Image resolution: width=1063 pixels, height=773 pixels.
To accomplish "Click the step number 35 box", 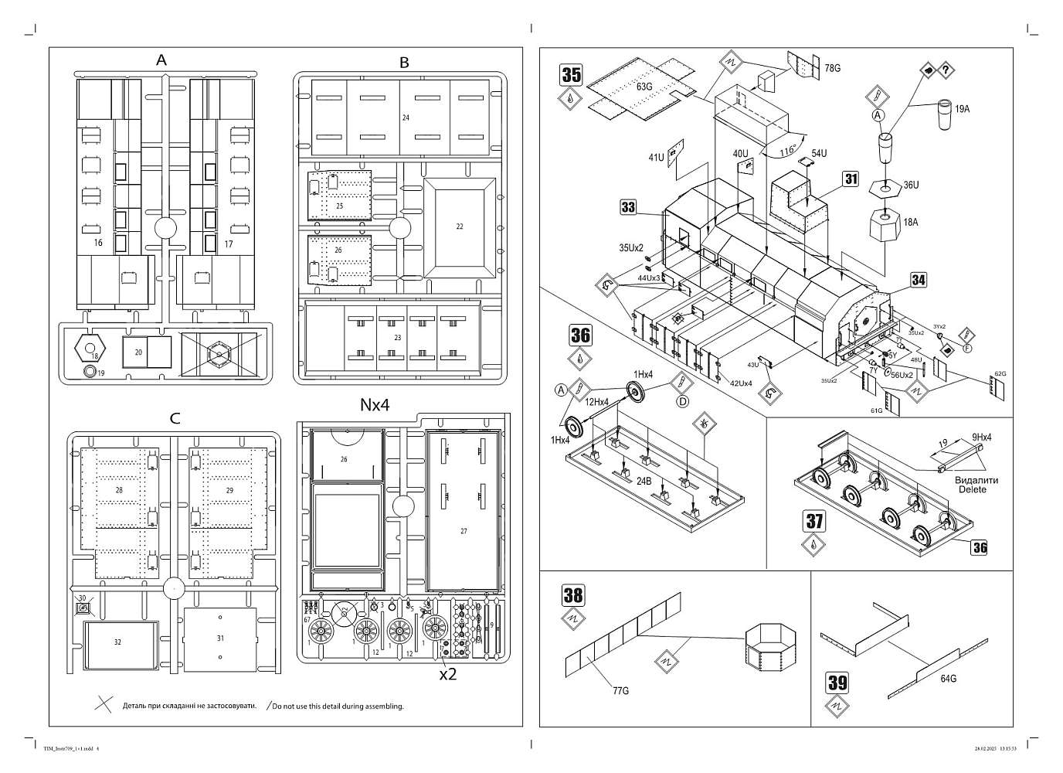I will pos(572,75).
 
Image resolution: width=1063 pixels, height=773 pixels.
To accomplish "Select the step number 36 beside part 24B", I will pos(580,335).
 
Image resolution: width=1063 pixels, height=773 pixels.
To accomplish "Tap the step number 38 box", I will pos(573,594).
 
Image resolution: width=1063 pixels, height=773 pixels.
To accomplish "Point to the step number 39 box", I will pos(837,683).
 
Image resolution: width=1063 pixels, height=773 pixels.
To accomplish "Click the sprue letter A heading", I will pos(161,60).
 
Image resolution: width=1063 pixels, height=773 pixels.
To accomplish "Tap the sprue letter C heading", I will pos(175,418).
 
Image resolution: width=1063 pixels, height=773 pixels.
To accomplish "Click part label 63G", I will pos(644,86).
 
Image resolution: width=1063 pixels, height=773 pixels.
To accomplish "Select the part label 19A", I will pos(962,109).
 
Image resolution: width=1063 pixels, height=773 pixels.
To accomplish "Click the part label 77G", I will pos(620,690).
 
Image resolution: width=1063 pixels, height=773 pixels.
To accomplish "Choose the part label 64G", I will pos(948,679).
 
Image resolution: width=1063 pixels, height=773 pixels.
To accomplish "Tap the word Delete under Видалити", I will pos(973,489).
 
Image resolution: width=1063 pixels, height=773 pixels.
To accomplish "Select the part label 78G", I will pos(832,69).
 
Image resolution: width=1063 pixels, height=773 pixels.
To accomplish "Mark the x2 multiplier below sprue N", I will pos(447,673).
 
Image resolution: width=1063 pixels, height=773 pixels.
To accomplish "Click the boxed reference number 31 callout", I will pos(851,179).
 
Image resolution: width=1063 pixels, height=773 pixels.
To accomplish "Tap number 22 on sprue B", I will pos(460,226).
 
